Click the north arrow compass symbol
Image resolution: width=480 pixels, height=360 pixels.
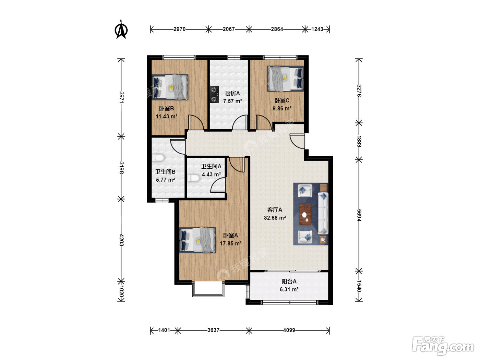coord(121,29)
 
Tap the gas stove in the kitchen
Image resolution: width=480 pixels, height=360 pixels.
coord(214,94)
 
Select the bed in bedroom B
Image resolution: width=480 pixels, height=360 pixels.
coord(170,87)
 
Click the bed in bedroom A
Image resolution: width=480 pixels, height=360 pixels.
coord(197,240)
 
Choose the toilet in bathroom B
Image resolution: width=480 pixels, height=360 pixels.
coord(158,158)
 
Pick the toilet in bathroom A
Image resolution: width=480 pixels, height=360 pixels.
coord(193,178)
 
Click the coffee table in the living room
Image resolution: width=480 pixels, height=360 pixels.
coord(305,214)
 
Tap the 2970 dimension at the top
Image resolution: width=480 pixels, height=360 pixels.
coord(179,29)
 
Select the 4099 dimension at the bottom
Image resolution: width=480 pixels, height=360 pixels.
coord(289,330)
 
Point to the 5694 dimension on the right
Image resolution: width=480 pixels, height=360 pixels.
coord(359,215)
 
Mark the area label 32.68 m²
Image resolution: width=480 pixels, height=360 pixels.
coord(275,218)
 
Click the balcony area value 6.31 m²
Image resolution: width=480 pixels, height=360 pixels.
coord(289,289)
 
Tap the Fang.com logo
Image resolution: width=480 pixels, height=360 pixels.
coord(443,345)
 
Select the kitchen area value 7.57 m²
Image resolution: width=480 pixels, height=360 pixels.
coord(232,101)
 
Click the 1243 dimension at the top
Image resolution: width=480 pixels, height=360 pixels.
coord(317,29)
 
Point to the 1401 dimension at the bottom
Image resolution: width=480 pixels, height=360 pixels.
coord(164,330)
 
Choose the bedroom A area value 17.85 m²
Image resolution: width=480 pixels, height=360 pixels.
coord(231,243)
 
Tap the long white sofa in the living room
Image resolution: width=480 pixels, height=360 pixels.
coord(323,214)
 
